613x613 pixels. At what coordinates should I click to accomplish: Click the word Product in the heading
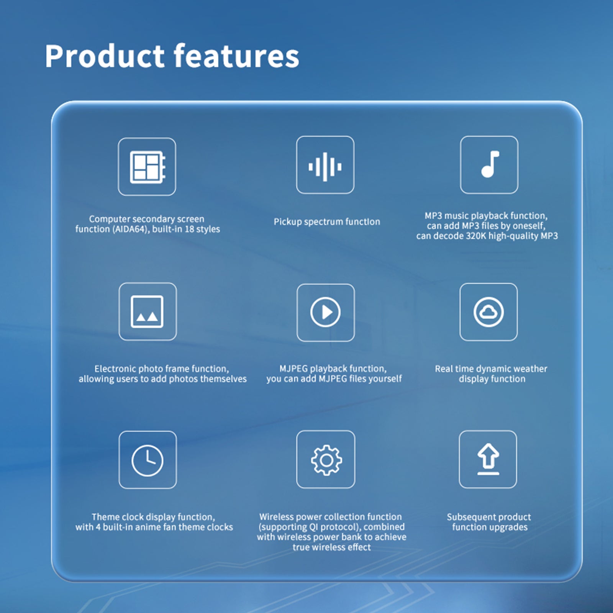click(x=105, y=56)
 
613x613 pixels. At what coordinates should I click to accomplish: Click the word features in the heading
click(x=236, y=56)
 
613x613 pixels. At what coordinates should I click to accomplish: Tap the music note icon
click(x=490, y=164)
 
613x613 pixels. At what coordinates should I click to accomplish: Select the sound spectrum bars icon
click(x=325, y=167)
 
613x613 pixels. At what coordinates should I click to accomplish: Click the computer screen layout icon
click(x=148, y=167)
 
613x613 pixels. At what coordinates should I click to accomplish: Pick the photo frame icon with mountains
click(x=147, y=311)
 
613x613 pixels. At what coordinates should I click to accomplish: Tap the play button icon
click(x=325, y=312)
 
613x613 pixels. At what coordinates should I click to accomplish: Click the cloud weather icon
click(x=488, y=312)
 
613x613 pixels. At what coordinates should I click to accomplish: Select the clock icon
click(x=148, y=461)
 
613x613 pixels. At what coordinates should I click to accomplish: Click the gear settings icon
click(x=326, y=460)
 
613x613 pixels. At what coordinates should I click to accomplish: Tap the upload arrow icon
click(x=488, y=459)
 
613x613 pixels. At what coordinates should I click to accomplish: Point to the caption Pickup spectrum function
click(x=327, y=222)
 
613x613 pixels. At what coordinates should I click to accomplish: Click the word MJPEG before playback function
click(x=293, y=369)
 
